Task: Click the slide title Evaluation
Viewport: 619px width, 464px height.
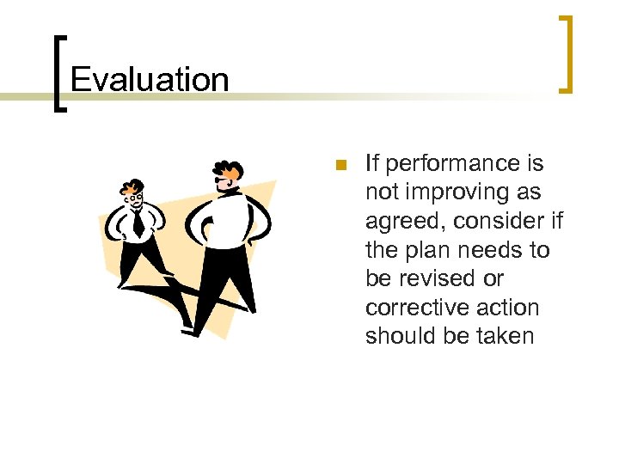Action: (x=150, y=80)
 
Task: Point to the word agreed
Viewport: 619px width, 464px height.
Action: (x=403, y=222)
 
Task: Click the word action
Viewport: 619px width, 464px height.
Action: (x=509, y=308)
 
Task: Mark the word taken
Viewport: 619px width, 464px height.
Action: (x=504, y=337)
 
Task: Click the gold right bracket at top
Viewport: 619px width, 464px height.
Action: (x=566, y=52)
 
